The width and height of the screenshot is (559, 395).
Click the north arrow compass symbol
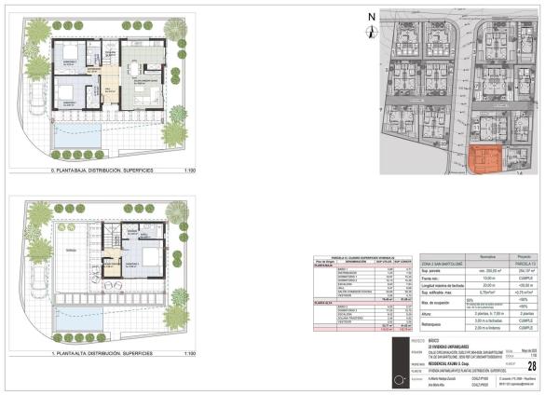(x=371, y=17)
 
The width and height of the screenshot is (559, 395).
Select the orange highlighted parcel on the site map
(x=485, y=160)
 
